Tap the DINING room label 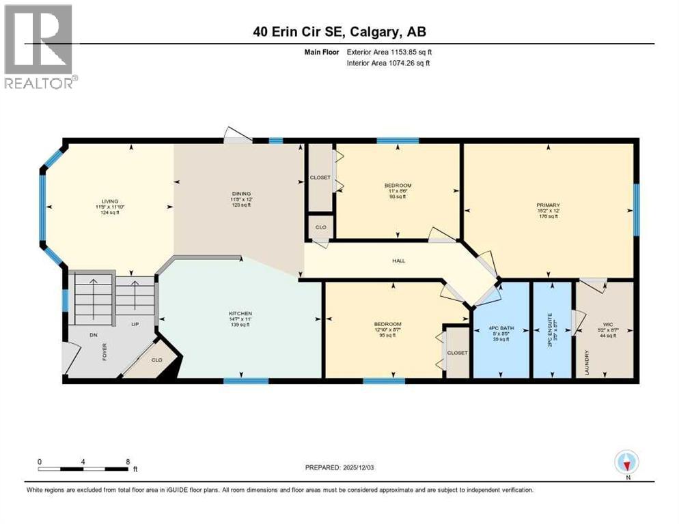(x=236, y=194)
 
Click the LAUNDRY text (x=586, y=361)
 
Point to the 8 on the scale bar (x=128, y=461)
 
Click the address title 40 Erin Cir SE (x=339, y=31)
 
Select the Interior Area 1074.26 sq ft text (x=391, y=63)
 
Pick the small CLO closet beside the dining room (x=320, y=227)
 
